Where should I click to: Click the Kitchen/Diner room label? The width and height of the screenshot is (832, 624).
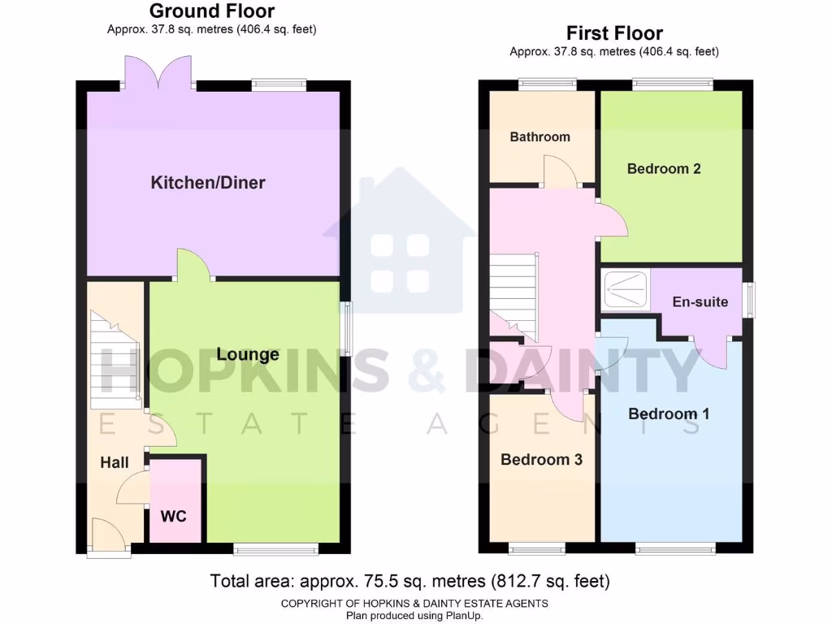pos(208,182)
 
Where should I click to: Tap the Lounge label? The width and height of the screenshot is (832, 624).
pos(248,354)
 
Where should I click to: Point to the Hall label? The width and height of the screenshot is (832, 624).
pos(115,462)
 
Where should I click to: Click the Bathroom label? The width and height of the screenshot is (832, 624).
pos(539,136)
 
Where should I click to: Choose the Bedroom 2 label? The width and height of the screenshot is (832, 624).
pos(664,169)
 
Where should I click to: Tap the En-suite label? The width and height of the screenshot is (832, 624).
pos(700,301)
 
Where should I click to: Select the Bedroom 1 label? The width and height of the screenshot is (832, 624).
pos(669,414)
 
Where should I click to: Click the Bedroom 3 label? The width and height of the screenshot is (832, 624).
pos(541,459)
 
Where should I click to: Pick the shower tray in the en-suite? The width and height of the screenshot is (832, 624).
pos(626,290)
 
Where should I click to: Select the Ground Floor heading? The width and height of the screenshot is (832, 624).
pos(211,11)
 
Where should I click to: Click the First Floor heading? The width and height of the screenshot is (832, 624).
pos(614,33)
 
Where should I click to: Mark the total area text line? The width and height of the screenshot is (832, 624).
pos(409,581)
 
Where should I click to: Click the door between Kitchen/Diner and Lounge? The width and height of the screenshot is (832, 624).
pos(193,266)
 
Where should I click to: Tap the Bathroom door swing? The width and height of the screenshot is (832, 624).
pos(561,171)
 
